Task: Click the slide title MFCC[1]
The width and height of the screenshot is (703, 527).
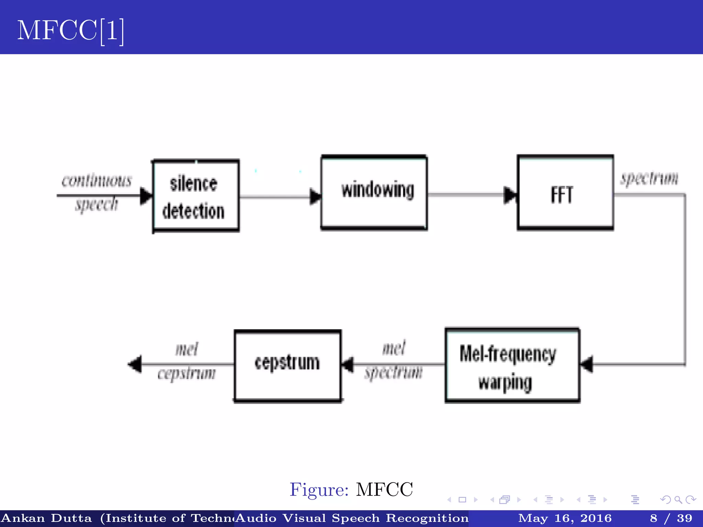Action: (x=70, y=31)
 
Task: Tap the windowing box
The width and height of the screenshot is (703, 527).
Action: (x=374, y=192)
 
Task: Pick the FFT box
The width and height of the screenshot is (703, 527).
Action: (x=565, y=193)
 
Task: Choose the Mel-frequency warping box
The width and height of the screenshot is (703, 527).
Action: (x=512, y=365)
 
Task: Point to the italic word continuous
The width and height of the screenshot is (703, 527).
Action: (x=97, y=180)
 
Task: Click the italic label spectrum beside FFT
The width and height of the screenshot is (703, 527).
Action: (x=649, y=178)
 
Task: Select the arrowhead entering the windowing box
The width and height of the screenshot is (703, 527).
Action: (x=315, y=197)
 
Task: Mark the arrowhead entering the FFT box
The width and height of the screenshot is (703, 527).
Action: (x=510, y=195)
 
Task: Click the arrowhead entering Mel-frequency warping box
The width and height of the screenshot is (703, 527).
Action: (x=586, y=364)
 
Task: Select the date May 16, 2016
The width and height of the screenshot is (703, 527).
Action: (x=565, y=518)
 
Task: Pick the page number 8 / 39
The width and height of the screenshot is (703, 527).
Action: (x=671, y=518)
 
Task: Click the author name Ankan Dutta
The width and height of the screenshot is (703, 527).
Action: (x=47, y=518)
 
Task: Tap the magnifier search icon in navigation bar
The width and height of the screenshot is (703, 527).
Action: (x=678, y=500)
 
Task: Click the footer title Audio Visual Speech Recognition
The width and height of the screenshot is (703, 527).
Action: (x=352, y=518)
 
